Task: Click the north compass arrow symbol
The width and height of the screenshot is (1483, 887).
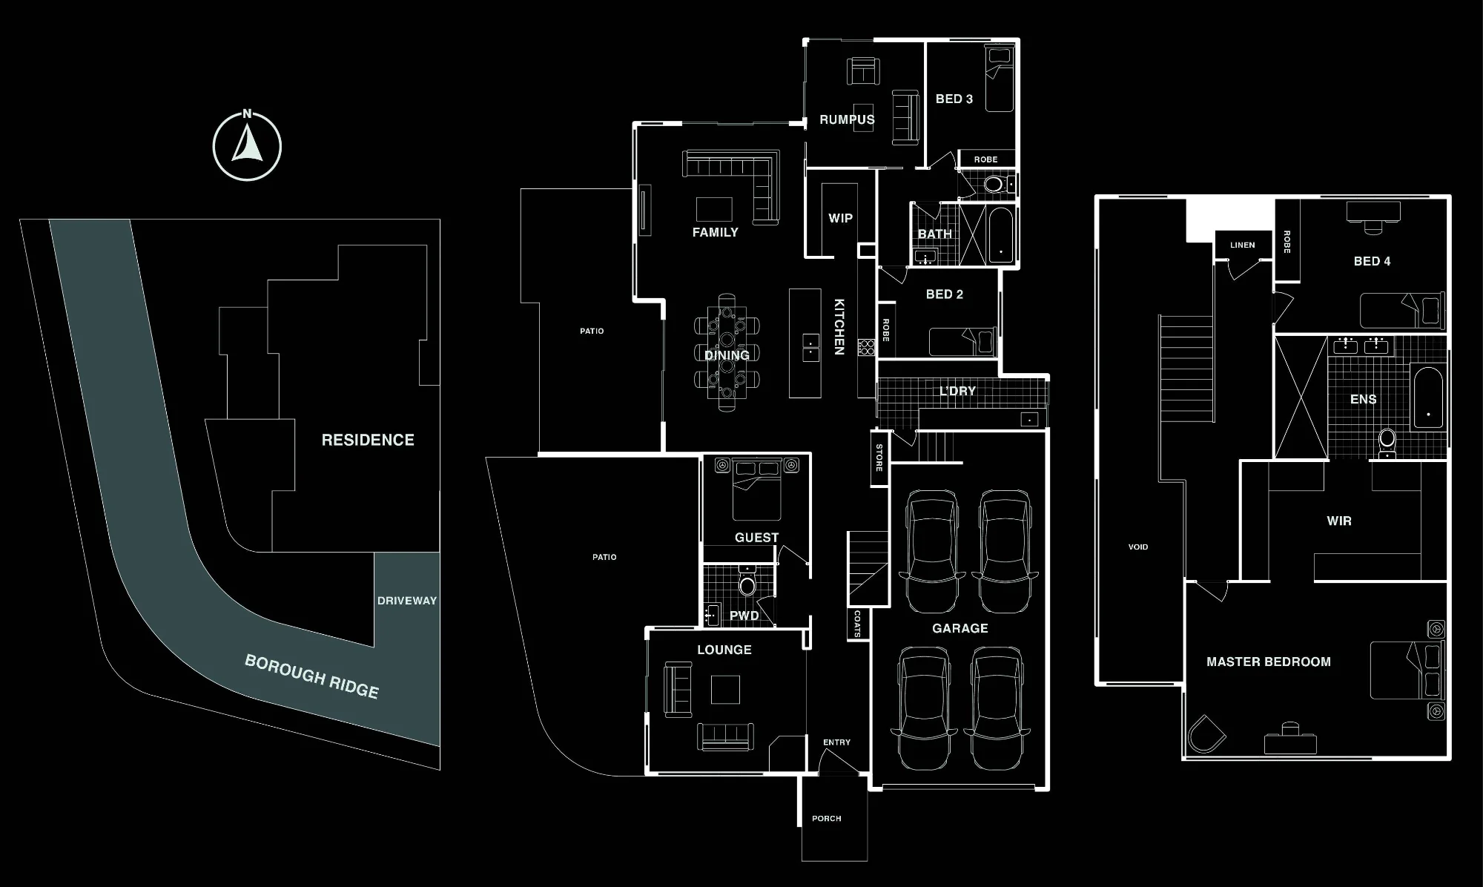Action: [x=247, y=146]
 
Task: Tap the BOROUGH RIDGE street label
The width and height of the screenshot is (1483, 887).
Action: [x=312, y=676]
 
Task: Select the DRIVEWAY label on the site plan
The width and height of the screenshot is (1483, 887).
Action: [x=407, y=601]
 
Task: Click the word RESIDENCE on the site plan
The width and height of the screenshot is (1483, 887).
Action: [x=368, y=440]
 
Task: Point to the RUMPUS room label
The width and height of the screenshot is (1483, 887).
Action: [x=847, y=119]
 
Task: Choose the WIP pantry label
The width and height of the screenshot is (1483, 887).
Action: [x=840, y=218]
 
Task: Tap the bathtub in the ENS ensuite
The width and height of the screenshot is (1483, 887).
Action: [x=1427, y=398]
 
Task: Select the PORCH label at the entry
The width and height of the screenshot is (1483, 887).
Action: [x=827, y=819]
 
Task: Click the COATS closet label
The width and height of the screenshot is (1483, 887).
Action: [x=857, y=624]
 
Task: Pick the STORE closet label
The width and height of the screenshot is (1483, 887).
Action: [x=879, y=458]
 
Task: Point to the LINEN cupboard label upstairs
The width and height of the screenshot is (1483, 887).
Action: [x=1243, y=245]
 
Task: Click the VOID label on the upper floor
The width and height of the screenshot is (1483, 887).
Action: [x=1138, y=547]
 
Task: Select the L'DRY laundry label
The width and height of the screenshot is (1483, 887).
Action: [x=958, y=391]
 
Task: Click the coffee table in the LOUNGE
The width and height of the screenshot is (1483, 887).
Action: [x=725, y=690]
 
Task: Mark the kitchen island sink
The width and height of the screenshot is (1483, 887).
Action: [x=810, y=347]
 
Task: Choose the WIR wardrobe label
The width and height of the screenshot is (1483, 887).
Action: [x=1339, y=521]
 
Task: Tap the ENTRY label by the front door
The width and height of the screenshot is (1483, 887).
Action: [x=836, y=742]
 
